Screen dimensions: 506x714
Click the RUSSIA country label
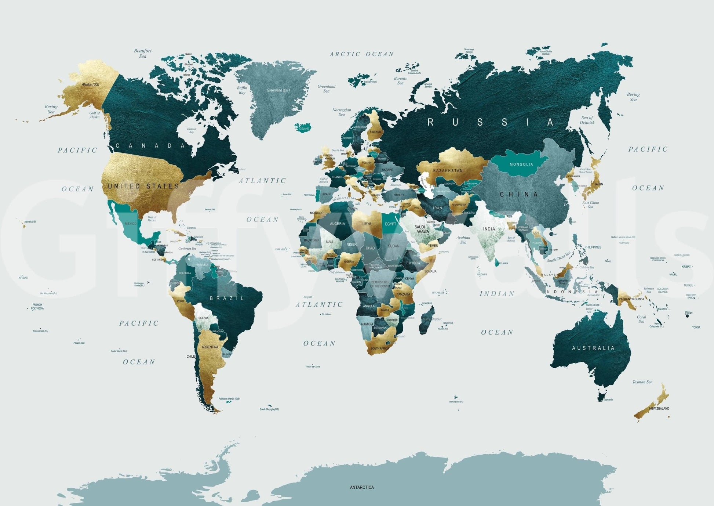click(x=491, y=122)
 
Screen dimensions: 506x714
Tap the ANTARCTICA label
click(x=362, y=487)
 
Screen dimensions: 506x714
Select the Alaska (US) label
click(x=90, y=84)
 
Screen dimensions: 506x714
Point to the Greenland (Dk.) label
click(x=278, y=90)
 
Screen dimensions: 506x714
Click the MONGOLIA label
click(x=521, y=164)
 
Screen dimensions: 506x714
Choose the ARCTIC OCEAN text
click(x=362, y=54)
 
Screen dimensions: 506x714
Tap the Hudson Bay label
click(x=192, y=130)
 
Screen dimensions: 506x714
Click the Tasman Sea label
click(x=642, y=382)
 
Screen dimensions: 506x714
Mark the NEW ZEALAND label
click(x=659, y=408)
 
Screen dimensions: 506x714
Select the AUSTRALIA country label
click(x=593, y=348)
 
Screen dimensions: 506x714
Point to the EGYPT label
click(x=390, y=224)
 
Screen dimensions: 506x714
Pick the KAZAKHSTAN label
click(x=448, y=171)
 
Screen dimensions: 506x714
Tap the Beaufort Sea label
click(x=143, y=53)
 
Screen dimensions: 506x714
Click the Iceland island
click(x=303, y=127)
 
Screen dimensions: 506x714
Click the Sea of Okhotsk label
click(x=587, y=120)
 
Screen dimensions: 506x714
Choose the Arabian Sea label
click(x=463, y=240)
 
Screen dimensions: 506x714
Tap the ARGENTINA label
click(x=210, y=347)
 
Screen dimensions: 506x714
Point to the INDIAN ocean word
click(x=497, y=293)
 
